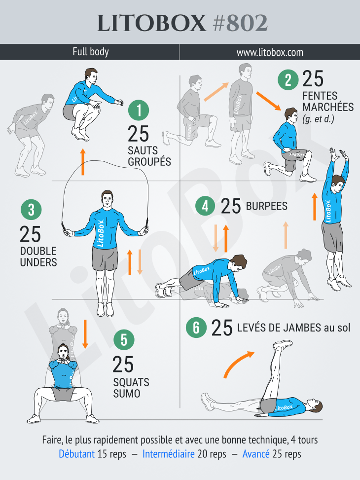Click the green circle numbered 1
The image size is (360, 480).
click(139, 111)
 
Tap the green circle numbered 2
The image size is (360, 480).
click(288, 79)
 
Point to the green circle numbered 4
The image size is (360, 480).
click(205, 206)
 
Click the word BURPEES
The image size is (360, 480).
click(266, 206)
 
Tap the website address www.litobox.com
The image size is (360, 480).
click(269, 52)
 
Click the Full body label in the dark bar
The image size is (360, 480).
click(90, 52)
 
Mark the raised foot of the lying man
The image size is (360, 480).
click(283, 344)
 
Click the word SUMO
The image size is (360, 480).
click(127, 394)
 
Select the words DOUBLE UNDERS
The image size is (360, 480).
click(38, 257)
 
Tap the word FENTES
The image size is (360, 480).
click(320, 95)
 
